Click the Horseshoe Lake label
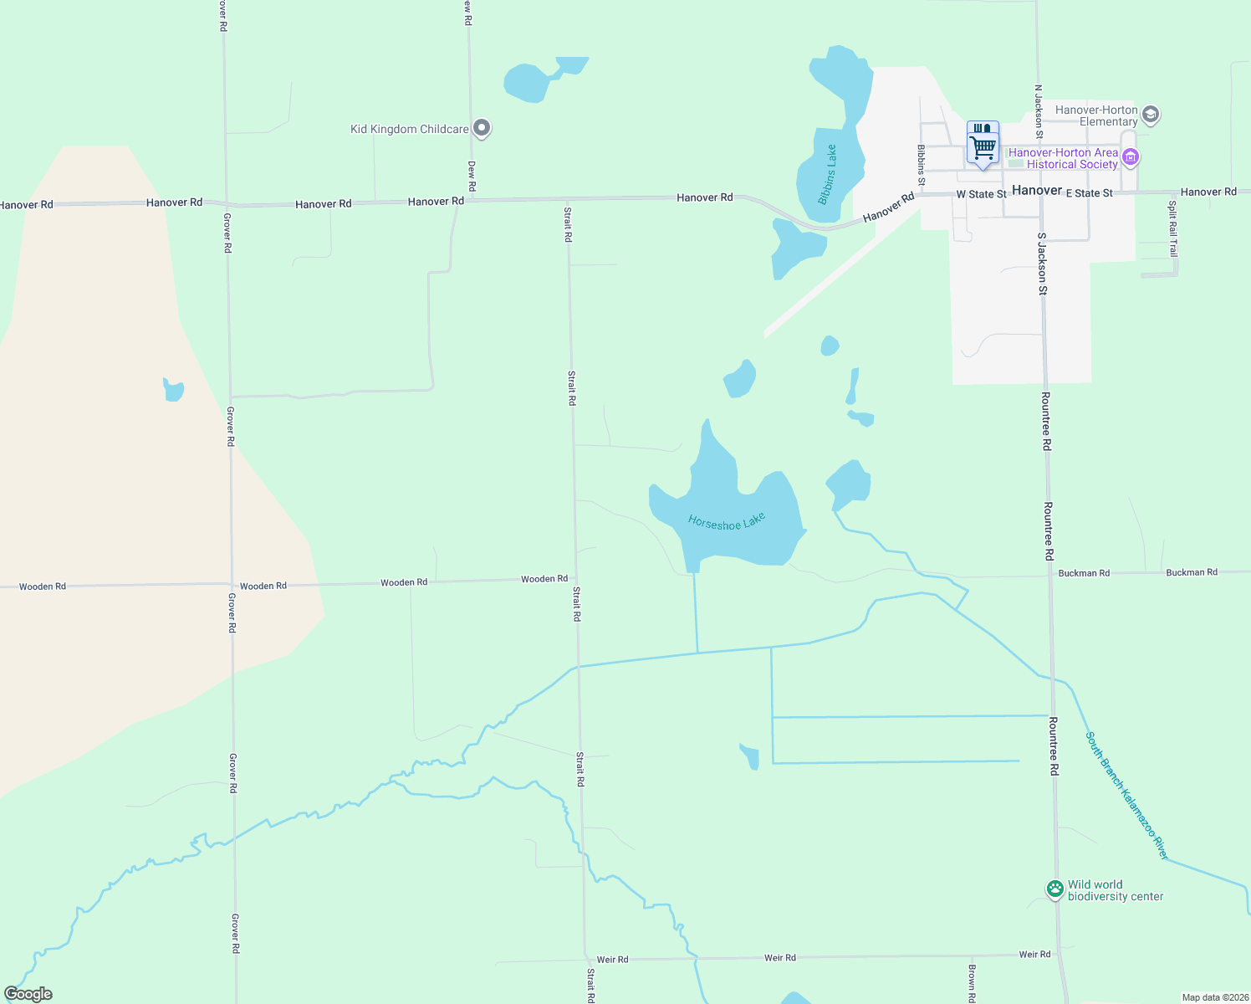pos(727,521)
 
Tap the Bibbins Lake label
pos(827,175)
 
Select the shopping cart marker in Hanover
pos(983,146)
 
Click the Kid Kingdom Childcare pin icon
pos(482,128)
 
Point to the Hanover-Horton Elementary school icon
pos(1151,115)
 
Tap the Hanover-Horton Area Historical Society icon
pos(1131,157)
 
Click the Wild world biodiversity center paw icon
pos(1055,889)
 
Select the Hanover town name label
pos(1037,191)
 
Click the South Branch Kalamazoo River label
pos(1126,796)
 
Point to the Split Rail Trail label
pos(1172,228)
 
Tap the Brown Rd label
pos(972,983)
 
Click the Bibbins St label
pos(922,165)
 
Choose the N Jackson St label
pos(1039,111)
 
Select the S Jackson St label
pos(1042,264)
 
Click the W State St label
pos(982,194)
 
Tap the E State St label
pos(1090,193)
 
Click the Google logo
pos(28,994)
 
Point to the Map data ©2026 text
pos(1214,997)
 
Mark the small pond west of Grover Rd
pos(173,390)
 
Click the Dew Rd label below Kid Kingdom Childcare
pos(472,176)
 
